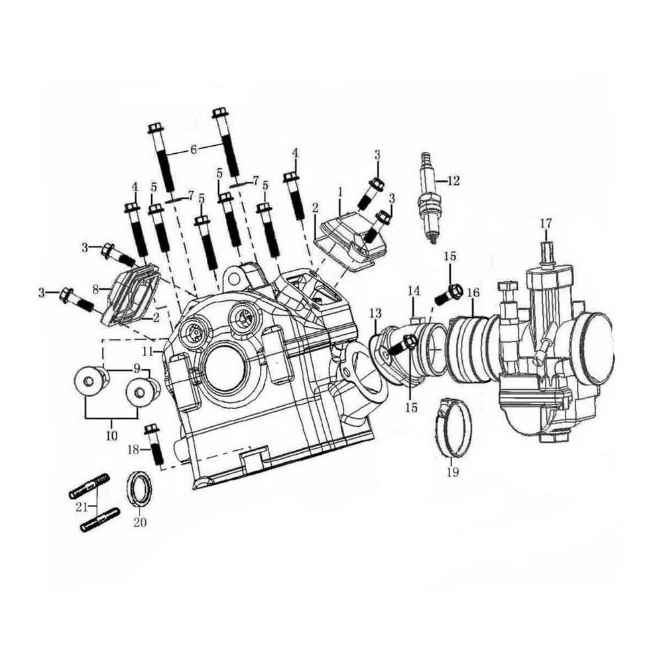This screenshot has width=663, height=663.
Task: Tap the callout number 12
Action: pyautogui.click(x=453, y=181)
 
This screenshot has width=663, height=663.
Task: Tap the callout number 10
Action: pyautogui.click(x=111, y=436)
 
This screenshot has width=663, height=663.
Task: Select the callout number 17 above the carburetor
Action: pyautogui.click(x=546, y=223)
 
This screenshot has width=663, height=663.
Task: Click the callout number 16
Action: pyautogui.click(x=473, y=292)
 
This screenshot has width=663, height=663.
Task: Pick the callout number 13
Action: pyautogui.click(x=375, y=314)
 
